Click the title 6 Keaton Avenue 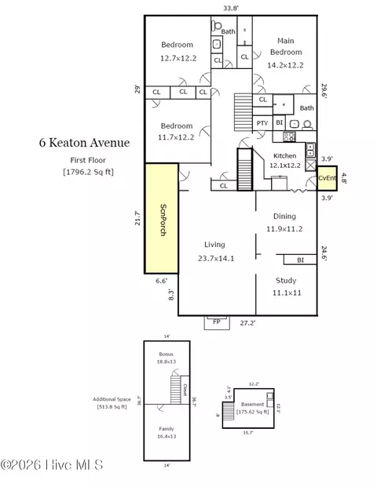(x=85, y=144)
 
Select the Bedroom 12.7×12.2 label (x=177, y=51)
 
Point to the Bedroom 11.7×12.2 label (x=176, y=132)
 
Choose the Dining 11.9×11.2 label (x=284, y=223)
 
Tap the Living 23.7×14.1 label (x=214, y=251)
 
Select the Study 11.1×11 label (x=285, y=286)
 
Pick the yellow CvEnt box (x=326, y=179)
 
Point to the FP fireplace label (x=216, y=321)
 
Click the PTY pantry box (x=262, y=123)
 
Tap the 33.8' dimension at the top (x=231, y=9)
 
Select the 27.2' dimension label (x=247, y=322)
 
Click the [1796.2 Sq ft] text (x=88, y=170)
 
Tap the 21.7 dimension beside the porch (x=137, y=218)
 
